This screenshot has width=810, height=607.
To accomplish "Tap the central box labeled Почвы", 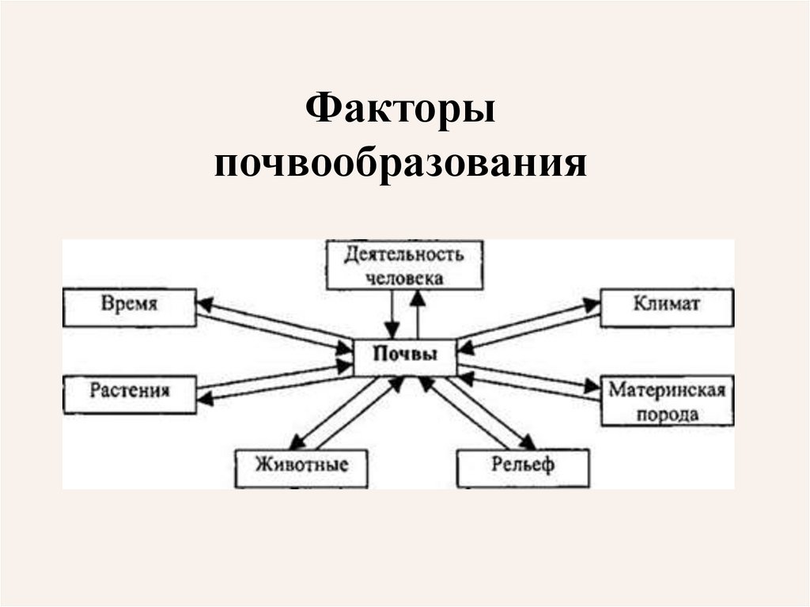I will pos(406,356).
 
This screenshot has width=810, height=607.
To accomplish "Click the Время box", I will pos(130,306).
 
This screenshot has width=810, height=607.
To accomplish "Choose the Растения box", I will pos(130,392).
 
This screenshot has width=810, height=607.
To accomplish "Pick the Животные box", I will pos(302,466).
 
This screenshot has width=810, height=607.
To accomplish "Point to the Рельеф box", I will pos(524,466).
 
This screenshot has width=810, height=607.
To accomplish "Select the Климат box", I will pos(666,306).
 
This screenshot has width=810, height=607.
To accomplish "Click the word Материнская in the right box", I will pos(666,391).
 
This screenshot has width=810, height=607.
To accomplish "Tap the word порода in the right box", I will pos(666,413).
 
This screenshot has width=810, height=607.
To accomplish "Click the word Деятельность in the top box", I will pos(404,255).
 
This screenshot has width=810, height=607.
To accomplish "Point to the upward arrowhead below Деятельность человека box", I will pos(418,298).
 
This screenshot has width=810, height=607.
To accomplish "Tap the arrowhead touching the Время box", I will pos(204,305).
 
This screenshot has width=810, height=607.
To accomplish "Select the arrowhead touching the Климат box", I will pos(592,305).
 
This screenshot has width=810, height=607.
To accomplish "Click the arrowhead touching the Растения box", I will pos(205,399).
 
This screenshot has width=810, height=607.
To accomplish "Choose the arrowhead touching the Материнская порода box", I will pos(592,386).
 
